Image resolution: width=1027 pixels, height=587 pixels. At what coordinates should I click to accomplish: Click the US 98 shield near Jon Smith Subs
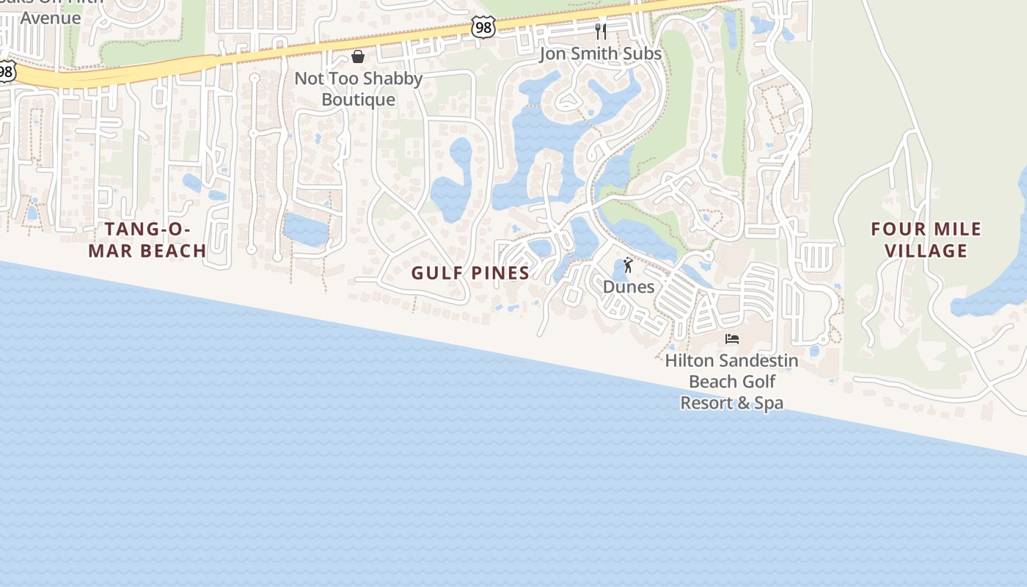(x=483, y=27)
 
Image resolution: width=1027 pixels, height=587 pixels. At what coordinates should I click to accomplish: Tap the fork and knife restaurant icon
(x=601, y=32)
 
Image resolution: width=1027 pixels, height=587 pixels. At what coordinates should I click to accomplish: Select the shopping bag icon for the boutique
(x=358, y=56)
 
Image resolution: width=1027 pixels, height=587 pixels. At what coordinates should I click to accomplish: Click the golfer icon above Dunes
(x=628, y=265)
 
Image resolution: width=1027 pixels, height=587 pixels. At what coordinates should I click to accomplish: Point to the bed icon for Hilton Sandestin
(x=731, y=339)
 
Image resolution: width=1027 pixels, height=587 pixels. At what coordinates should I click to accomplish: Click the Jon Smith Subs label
(x=600, y=54)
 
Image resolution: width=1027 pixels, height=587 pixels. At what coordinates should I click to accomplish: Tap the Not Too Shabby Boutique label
(x=358, y=89)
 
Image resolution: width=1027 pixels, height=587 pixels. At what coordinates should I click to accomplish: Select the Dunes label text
(x=628, y=286)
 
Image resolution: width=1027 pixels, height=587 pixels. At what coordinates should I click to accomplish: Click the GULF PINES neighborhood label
(x=470, y=273)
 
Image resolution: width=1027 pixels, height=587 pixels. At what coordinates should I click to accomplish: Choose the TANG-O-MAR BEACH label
(x=147, y=240)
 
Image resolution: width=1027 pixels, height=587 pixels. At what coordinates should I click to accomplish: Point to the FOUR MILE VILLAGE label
(x=926, y=240)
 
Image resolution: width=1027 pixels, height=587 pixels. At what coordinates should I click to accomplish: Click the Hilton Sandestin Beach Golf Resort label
(x=731, y=382)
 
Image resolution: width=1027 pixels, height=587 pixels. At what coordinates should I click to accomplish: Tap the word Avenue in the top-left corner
(x=51, y=17)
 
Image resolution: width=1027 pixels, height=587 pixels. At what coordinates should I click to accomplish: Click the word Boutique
(x=358, y=100)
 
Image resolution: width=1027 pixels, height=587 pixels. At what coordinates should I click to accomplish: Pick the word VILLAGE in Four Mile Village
(x=926, y=251)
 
